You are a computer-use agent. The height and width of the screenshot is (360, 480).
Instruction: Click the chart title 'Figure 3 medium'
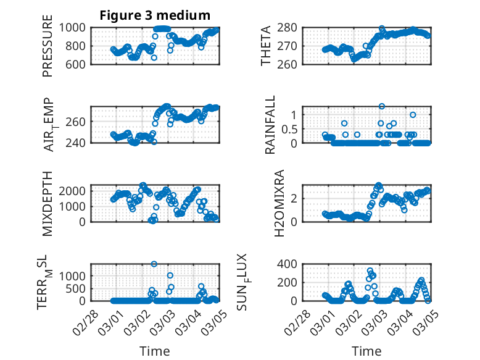[155, 15]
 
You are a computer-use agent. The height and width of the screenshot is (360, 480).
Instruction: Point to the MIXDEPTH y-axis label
[48, 203]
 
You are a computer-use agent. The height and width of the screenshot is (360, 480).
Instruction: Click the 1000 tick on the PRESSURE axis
[77, 27]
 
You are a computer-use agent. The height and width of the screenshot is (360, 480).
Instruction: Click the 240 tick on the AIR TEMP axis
[80, 143]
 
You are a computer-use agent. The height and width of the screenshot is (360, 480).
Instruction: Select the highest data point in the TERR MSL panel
[154, 264]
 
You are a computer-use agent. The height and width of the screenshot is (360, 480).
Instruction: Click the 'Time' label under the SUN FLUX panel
[366, 351]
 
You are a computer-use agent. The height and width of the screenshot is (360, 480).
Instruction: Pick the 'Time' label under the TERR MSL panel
[155, 351]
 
